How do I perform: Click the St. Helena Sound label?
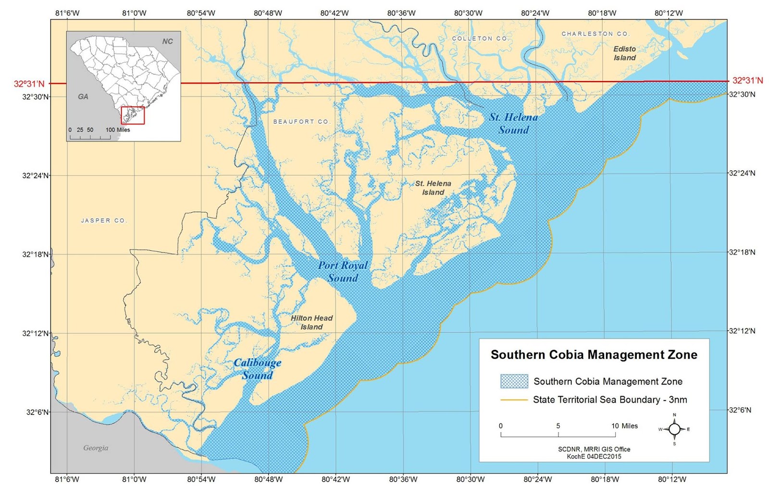[513, 123]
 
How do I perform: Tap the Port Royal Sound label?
[343, 271]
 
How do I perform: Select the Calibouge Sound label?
[258, 369]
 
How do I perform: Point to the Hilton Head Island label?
[311, 322]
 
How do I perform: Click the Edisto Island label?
[624, 53]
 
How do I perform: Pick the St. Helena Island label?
[433, 188]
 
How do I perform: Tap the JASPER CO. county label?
[104, 220]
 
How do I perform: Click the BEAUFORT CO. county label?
[301, 121]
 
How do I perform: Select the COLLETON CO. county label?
[480, 38]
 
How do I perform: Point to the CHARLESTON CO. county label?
[595, 34]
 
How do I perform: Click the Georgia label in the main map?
[96, 448]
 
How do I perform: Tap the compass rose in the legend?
[674, 429]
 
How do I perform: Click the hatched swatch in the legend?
[514, 381]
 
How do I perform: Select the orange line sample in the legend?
[514, 400]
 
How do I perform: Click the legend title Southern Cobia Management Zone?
[594, 355]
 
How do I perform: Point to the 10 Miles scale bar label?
[624, 426]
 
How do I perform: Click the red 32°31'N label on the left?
[29, 84]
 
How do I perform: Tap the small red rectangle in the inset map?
[133, 115]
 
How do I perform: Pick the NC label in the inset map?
[167, 41]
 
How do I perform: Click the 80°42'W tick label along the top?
[335, 13]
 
